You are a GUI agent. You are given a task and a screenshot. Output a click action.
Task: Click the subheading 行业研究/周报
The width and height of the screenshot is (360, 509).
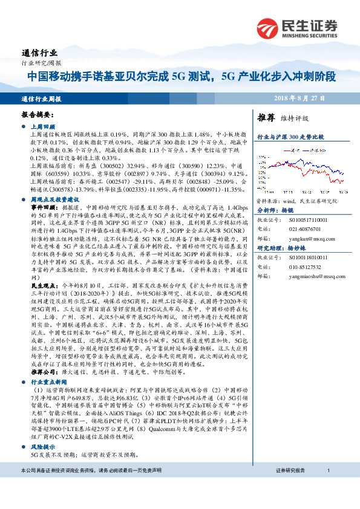click(x=41, y=63)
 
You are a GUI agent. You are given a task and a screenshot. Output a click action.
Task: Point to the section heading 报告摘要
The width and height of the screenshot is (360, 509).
click(x=38, y=114)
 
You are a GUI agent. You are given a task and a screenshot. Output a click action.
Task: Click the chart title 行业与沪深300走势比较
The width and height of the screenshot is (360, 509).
click(x=291, y=138)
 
